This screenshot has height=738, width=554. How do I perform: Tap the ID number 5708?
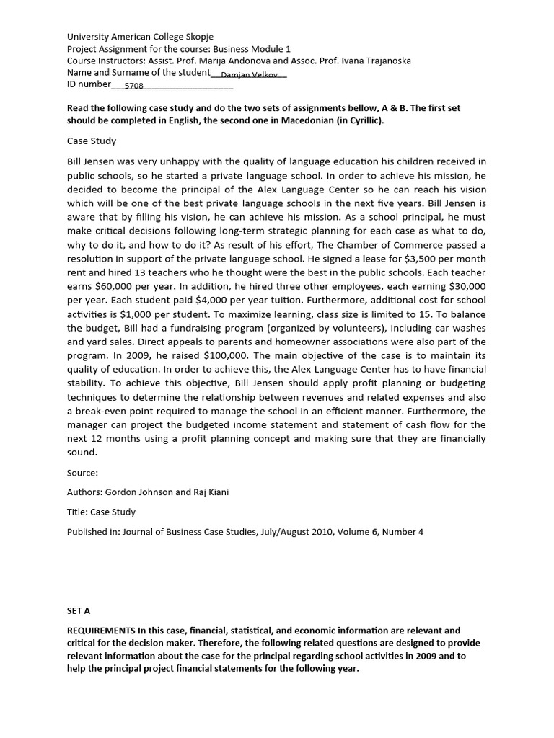133,85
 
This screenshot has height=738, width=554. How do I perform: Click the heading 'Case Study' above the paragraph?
92,141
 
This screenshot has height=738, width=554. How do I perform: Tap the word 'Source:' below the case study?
82,473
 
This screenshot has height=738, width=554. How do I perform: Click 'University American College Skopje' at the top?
140,36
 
